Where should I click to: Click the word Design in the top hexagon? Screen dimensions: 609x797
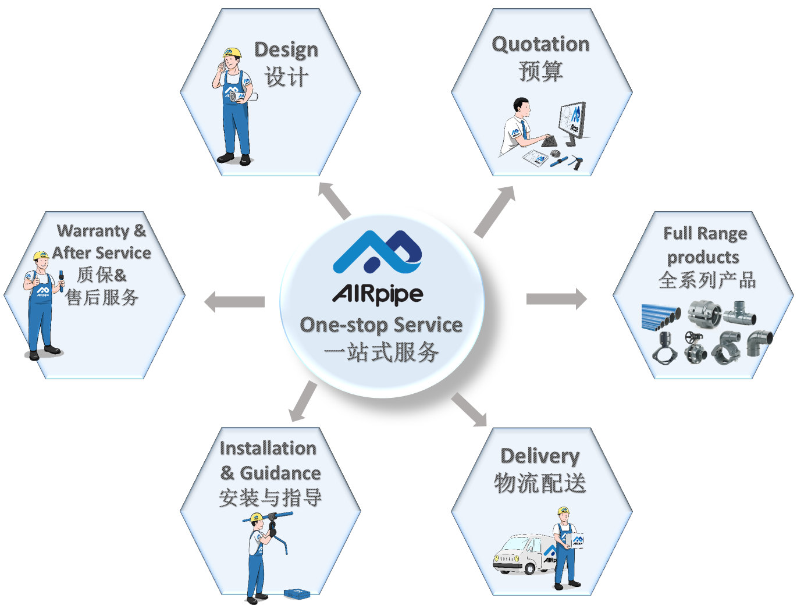coord(286,50)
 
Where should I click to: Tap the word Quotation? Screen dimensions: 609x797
coord(540,44)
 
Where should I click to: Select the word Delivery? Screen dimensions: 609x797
coord(540,456)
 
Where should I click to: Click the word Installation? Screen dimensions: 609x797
coord(268,448)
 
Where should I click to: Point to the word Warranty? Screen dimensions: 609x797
coord(93,231)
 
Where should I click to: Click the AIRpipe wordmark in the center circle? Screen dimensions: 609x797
coord(378,294)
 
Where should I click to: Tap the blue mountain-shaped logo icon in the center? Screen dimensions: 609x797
coord(378,252)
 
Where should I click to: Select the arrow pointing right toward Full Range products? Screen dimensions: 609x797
coord(556,299)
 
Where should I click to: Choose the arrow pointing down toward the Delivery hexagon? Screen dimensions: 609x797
coord(469,409)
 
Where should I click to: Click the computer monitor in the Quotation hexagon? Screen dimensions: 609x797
coord(572,121)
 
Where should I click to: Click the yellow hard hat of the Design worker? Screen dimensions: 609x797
coord(232,53)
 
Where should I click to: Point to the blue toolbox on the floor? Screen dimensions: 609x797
coord(297,593)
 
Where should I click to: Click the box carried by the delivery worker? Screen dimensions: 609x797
coord(576,541)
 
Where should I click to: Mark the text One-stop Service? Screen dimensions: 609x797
coord(381,325)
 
